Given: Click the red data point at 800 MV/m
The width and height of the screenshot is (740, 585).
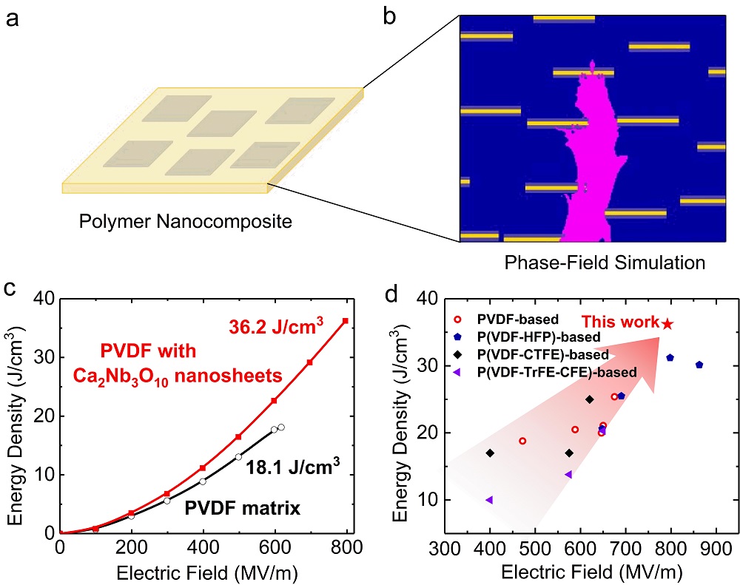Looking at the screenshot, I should pos(346,321).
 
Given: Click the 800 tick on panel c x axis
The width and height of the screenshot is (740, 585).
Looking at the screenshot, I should pos(346,549).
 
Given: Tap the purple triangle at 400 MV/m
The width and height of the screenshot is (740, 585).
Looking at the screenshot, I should pos(489,500).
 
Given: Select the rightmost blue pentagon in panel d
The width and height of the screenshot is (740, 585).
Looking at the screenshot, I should pos(699,365).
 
